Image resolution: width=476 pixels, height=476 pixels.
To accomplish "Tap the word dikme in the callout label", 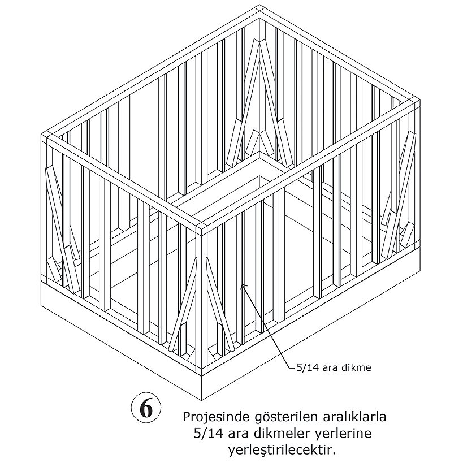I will pos(356,368).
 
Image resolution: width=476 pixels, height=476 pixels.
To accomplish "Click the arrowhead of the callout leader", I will pos(243,285).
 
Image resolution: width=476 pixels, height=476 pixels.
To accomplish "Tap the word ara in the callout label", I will pos(330,368).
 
